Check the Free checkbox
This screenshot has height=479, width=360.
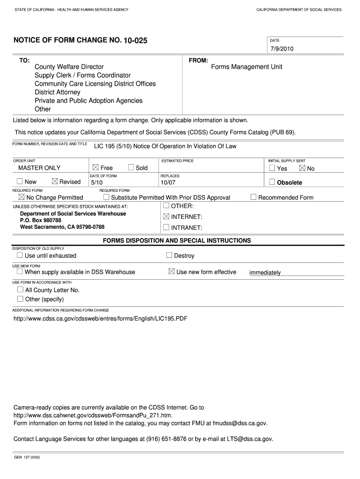tap(96, 167)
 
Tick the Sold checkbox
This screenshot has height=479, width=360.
tap(131, 167)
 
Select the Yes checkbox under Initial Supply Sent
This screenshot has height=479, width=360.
tap(272, 168)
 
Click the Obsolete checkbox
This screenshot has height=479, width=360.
tap(272, 182)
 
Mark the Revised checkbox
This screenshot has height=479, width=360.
tap(55, 181)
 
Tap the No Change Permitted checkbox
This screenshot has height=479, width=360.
tap(21, 197)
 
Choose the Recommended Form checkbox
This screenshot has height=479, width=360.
tap(253, 197)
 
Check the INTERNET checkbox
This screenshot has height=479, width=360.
tap(166, 217)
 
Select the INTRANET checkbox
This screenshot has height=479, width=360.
tap(166, 227)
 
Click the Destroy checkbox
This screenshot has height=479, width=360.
tap(169, 255)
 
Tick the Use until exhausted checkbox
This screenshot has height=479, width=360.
tap(20, 255)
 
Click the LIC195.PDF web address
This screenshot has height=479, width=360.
tap(101, 319)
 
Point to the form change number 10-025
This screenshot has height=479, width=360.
tap(136, 41)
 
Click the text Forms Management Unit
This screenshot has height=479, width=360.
tap(246, 67)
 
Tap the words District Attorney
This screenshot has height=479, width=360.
tap(58, 92)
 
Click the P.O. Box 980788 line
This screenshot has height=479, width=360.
tap(41, 220)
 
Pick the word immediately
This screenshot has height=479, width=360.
tap(265, 273)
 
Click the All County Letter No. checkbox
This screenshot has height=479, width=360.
tap(20, 290)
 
